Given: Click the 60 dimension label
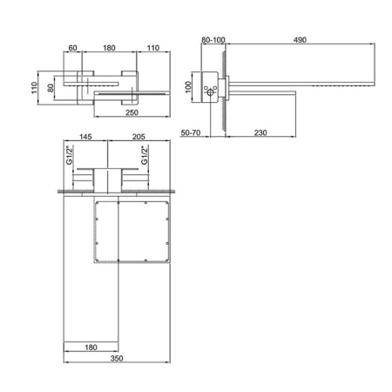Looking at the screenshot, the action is coord(72,48).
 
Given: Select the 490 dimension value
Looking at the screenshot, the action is coord(300,40).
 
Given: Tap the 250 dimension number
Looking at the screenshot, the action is coord(132,112).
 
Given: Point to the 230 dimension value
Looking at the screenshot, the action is coord(260,132).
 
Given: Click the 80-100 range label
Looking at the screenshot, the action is coord(213,40).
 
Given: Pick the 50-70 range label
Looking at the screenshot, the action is coord(191,132).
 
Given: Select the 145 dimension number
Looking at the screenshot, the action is coord(85,137).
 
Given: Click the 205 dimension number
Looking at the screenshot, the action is coord(139,137).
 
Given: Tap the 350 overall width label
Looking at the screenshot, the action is coord(117,358).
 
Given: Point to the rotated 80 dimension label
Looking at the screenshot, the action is coord(51,88).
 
